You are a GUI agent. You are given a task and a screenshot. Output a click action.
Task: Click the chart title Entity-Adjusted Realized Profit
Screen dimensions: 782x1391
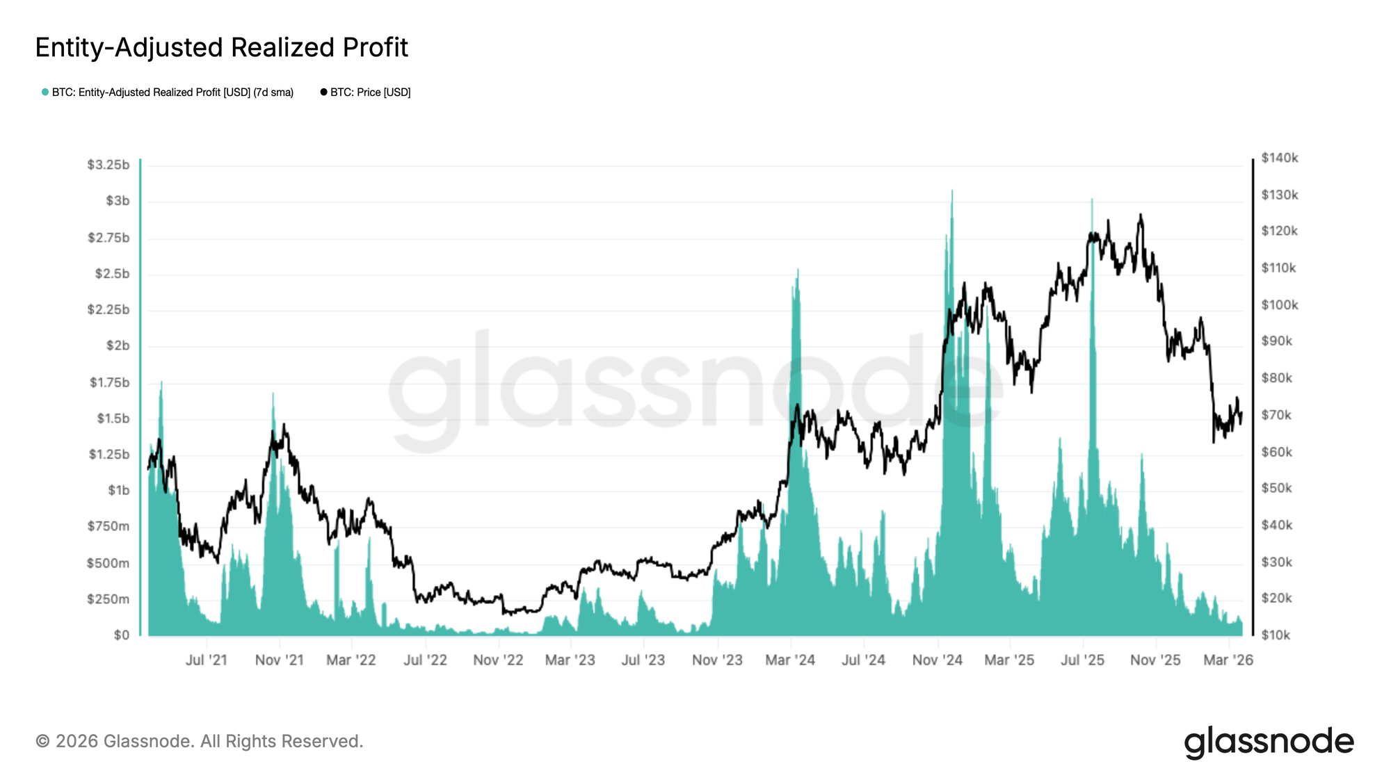pyautogui.click(x=221, y=47)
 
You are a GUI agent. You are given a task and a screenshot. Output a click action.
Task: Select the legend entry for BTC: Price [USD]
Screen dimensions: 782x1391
pyautogui.click(x=366, y=92)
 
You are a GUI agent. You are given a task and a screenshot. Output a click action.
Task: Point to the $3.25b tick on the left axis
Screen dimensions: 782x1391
pyautogui.click(x=108, y=165)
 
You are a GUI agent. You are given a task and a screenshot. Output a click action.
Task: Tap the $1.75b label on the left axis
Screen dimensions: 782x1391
pyautogui.click(x=109, y=382)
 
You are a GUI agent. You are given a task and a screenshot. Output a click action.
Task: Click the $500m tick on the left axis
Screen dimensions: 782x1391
pyautogui.click(x=108, y=563)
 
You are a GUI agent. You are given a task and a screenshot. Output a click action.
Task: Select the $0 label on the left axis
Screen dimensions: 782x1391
pyautogui.click(x=121, y=635)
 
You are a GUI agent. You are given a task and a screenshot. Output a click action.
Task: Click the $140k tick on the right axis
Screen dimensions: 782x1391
pyautogui.click(x=1280, y=158)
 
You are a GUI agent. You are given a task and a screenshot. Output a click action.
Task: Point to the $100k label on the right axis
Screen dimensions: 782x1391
pyautogui.click(x=1280, y=305)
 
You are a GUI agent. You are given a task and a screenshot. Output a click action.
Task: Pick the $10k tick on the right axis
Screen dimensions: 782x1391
pyautogui.click(x=1276, y=635)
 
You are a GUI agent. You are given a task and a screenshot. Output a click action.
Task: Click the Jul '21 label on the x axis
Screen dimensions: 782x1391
pyautogui.click(x=207, y=660)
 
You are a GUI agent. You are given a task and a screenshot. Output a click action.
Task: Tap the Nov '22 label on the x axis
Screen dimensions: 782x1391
pyautogui.click(x=498, y=660)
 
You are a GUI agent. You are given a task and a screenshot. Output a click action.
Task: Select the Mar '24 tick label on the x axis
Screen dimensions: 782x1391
pyautogui.click(x=790, y=660)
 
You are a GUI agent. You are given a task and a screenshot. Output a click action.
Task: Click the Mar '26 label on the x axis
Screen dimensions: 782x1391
pyautogui.click(x=1228, y=660)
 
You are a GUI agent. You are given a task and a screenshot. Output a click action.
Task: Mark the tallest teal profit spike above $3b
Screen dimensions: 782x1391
pyautogui.click(x=952, y=190)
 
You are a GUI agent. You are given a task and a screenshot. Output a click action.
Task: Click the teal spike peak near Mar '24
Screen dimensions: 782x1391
pyautogui.click(x=798, y=270)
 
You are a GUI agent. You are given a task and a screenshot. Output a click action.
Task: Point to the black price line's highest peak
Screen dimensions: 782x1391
pyautogui.click(x=1141, y=215)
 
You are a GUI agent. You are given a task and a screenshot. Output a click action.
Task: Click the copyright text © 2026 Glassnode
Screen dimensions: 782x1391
pyautogui.click(x=200, y=741)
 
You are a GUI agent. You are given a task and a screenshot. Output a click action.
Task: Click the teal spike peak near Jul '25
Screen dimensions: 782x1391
pyautogui.click(x=1091, y=199)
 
